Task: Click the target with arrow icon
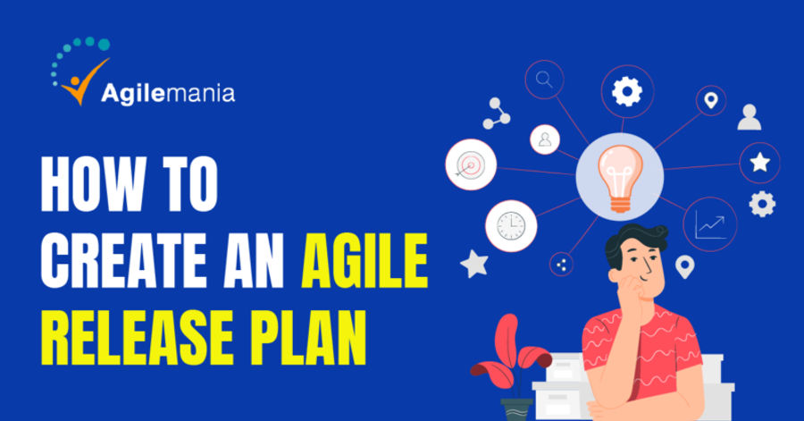[x=471, y=164]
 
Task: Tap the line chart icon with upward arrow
[x=709, y=223]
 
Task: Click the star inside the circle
[x=759, y=163]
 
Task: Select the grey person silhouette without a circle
[x=750, y=117]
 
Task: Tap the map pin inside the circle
[x=711, y=100]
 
